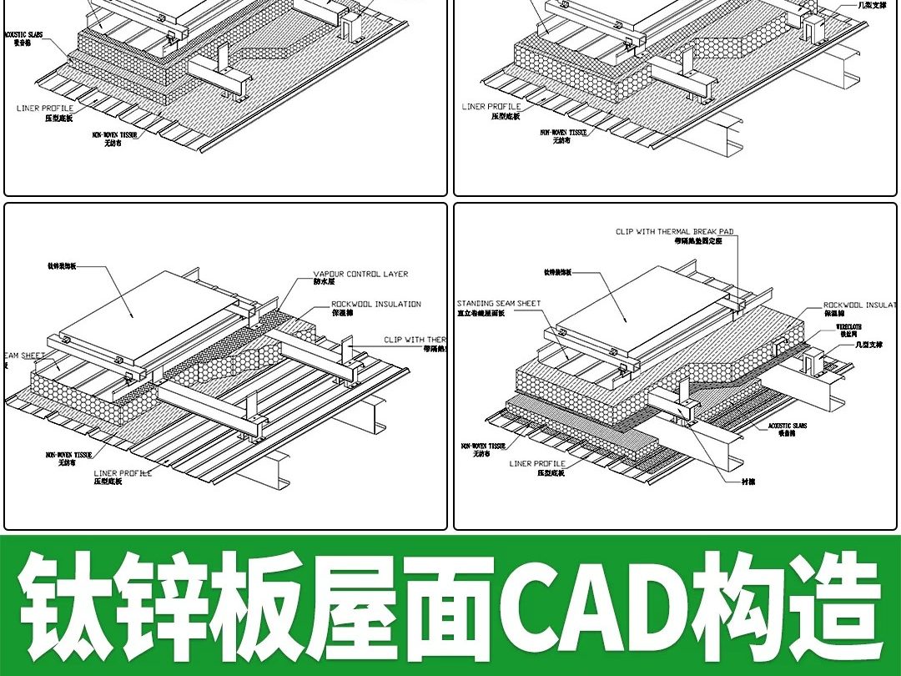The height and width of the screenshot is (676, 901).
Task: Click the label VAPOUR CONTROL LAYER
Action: click(360, 274)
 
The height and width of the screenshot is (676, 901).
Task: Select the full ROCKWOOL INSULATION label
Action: click(376, 305)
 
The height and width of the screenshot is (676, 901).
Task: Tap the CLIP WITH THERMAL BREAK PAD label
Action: click(675, 232)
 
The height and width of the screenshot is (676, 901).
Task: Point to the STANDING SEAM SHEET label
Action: click(499, 304)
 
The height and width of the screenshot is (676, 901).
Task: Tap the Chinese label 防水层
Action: click(324, 282)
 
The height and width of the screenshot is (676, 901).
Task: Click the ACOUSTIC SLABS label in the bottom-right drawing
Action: click(788, 426)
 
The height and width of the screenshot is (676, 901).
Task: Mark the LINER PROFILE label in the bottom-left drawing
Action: click(123, 473)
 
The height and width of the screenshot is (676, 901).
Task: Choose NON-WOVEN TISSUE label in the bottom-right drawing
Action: click(483, 446)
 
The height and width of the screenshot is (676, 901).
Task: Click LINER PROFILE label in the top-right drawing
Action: click(491, 107)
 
